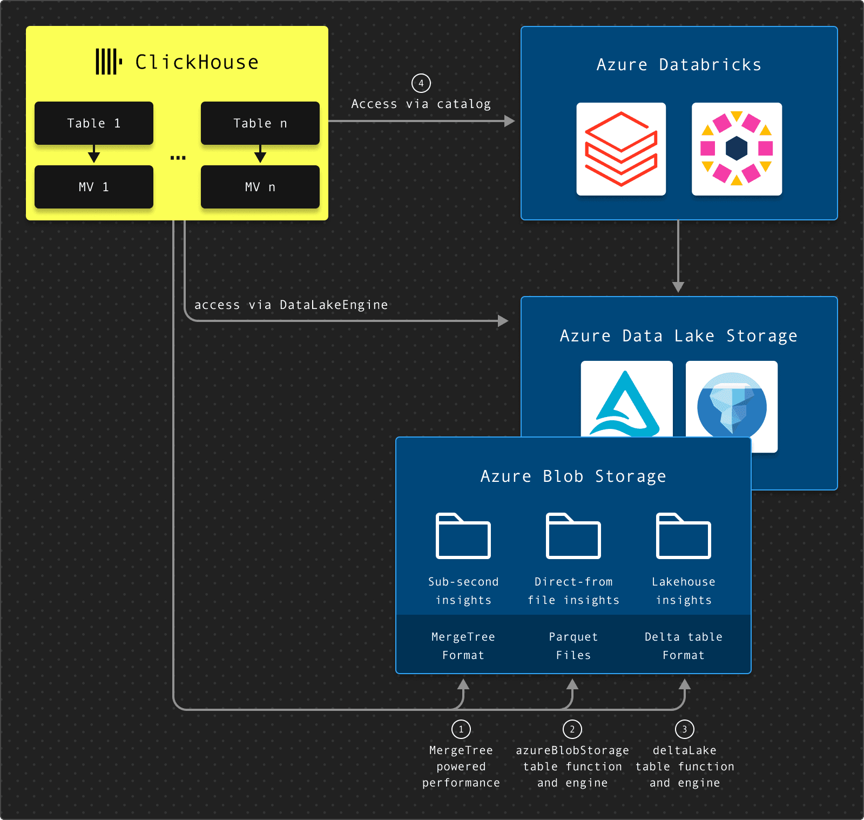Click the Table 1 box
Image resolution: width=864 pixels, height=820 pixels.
94,123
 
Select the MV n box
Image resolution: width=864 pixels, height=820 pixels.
260,187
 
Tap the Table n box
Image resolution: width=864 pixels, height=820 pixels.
260,123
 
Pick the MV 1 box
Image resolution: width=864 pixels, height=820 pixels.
94,187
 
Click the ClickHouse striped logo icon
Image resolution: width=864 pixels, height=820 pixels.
109,62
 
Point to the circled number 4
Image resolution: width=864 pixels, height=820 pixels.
421,83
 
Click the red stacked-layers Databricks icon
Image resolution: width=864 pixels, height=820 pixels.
621,149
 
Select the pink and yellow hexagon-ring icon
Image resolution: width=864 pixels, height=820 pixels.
737,149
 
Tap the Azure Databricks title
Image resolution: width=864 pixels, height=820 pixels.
679,65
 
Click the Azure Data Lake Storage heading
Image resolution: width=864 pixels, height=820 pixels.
679,336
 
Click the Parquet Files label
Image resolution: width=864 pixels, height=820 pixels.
573,646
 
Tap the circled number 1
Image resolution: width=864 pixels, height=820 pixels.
461,729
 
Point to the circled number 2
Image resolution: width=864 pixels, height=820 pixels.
572,729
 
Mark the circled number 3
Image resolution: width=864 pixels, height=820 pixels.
685,729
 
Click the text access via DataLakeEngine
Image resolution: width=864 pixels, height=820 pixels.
291,305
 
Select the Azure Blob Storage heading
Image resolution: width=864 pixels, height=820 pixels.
573,476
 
